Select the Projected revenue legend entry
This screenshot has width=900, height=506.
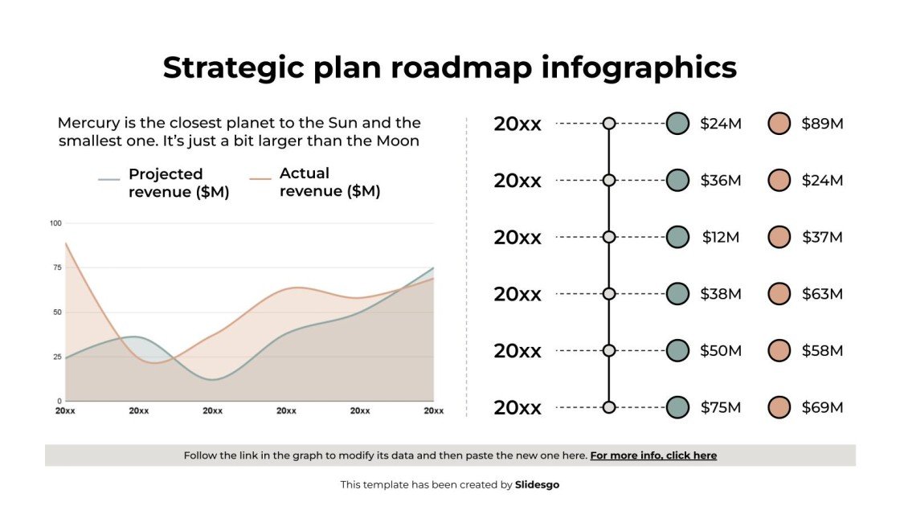[166, 183]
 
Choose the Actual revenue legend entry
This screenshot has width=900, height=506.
[317, 182]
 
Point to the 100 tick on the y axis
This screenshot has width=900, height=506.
[55, 223]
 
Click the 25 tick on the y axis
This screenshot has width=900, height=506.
[57, 357]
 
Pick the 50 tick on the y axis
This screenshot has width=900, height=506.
[57, 312]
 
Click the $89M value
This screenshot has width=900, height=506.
[822, 124]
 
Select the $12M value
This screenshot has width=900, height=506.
[720, 237]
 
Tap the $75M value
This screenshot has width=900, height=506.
[720, 407]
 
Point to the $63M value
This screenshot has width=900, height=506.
[822, 294]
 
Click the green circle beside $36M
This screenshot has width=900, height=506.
[677, 180]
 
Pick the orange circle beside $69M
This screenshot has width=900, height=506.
[779, 407]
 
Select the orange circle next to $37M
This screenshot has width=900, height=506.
[779, 237]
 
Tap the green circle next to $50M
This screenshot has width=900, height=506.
[677, 350]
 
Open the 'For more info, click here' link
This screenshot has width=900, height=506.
[653, 455]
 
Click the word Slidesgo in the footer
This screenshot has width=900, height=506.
[537, 484]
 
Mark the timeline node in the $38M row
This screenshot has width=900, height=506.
[609, 294]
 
